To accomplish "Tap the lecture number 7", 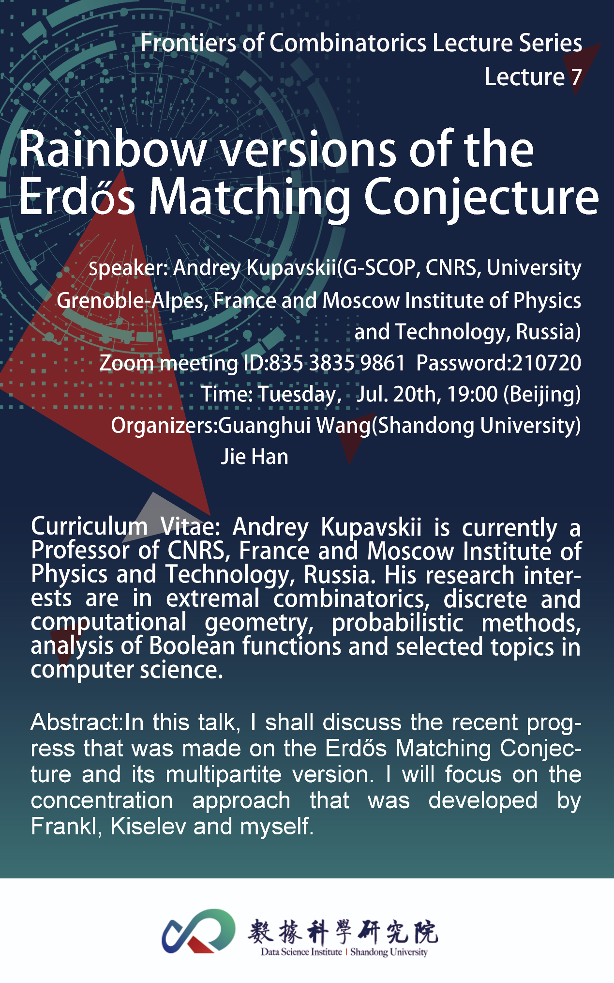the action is (576, 77).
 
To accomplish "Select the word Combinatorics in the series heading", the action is (348, 43).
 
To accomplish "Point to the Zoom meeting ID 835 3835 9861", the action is (337, 363).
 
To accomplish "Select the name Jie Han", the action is (255, 457).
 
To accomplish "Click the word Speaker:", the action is (128, 268).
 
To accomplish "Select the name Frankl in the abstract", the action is (66, 826).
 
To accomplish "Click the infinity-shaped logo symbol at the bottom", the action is (198, 931).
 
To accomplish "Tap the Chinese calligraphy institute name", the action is (343, 931).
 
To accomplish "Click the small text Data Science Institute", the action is (301, 952).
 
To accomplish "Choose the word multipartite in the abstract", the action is (224, 775).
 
